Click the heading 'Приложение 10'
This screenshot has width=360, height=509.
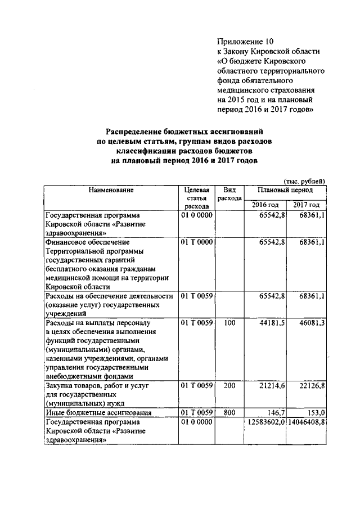[245, 41]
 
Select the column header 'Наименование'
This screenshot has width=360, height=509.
[111, 190]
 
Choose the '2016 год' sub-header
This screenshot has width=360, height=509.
[265, 205]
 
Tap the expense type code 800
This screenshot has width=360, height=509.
[229, 413]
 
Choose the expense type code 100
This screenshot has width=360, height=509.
[229, 323]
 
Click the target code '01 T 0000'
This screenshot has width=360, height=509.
[197, 242]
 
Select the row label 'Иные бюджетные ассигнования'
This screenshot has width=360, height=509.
[93, 413]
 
